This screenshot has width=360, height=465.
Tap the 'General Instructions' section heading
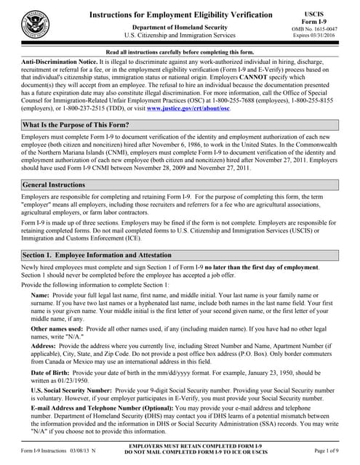click(55, 185)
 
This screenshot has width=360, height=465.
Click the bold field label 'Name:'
click(41, 297)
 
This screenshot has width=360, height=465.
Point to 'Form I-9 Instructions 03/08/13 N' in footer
click(58, 452)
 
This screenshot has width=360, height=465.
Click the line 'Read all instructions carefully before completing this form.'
click(180, 53)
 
